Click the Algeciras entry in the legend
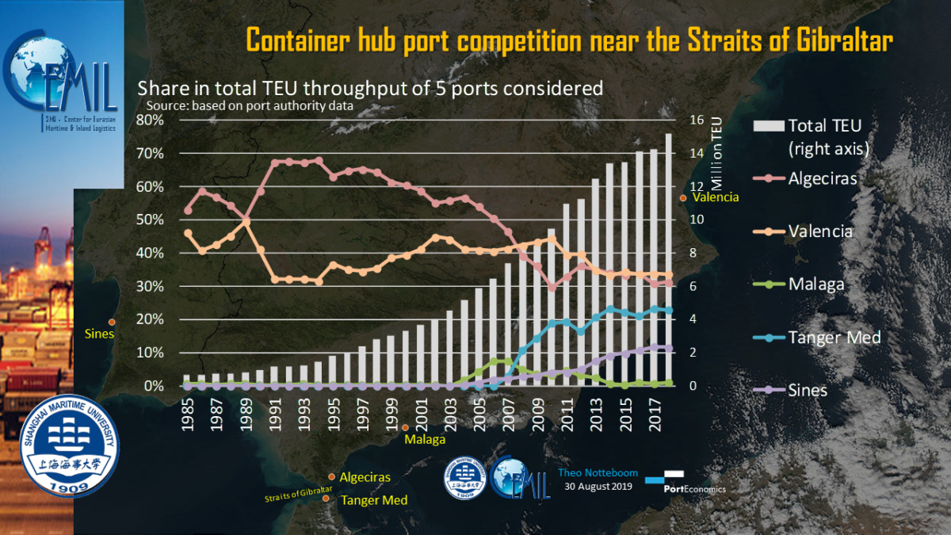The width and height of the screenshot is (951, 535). [822, 178]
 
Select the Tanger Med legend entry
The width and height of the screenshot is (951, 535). [834, 338]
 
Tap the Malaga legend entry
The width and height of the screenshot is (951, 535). [815, 285]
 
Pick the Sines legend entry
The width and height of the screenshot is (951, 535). [808, 390]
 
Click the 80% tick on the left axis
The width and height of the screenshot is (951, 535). [150, 120]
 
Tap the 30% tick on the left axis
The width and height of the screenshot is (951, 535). [150, 287]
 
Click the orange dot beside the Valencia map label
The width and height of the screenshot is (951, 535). [683, 198]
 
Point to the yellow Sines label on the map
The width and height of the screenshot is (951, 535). [100, 334]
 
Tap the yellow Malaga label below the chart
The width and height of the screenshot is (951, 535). [425, 439]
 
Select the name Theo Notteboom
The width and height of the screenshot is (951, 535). [598, 473]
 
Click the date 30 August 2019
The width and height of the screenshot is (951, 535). [598, 487]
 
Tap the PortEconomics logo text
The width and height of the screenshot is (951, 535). [694, 489]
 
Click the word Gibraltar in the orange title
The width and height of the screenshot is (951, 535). [836, 40]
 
